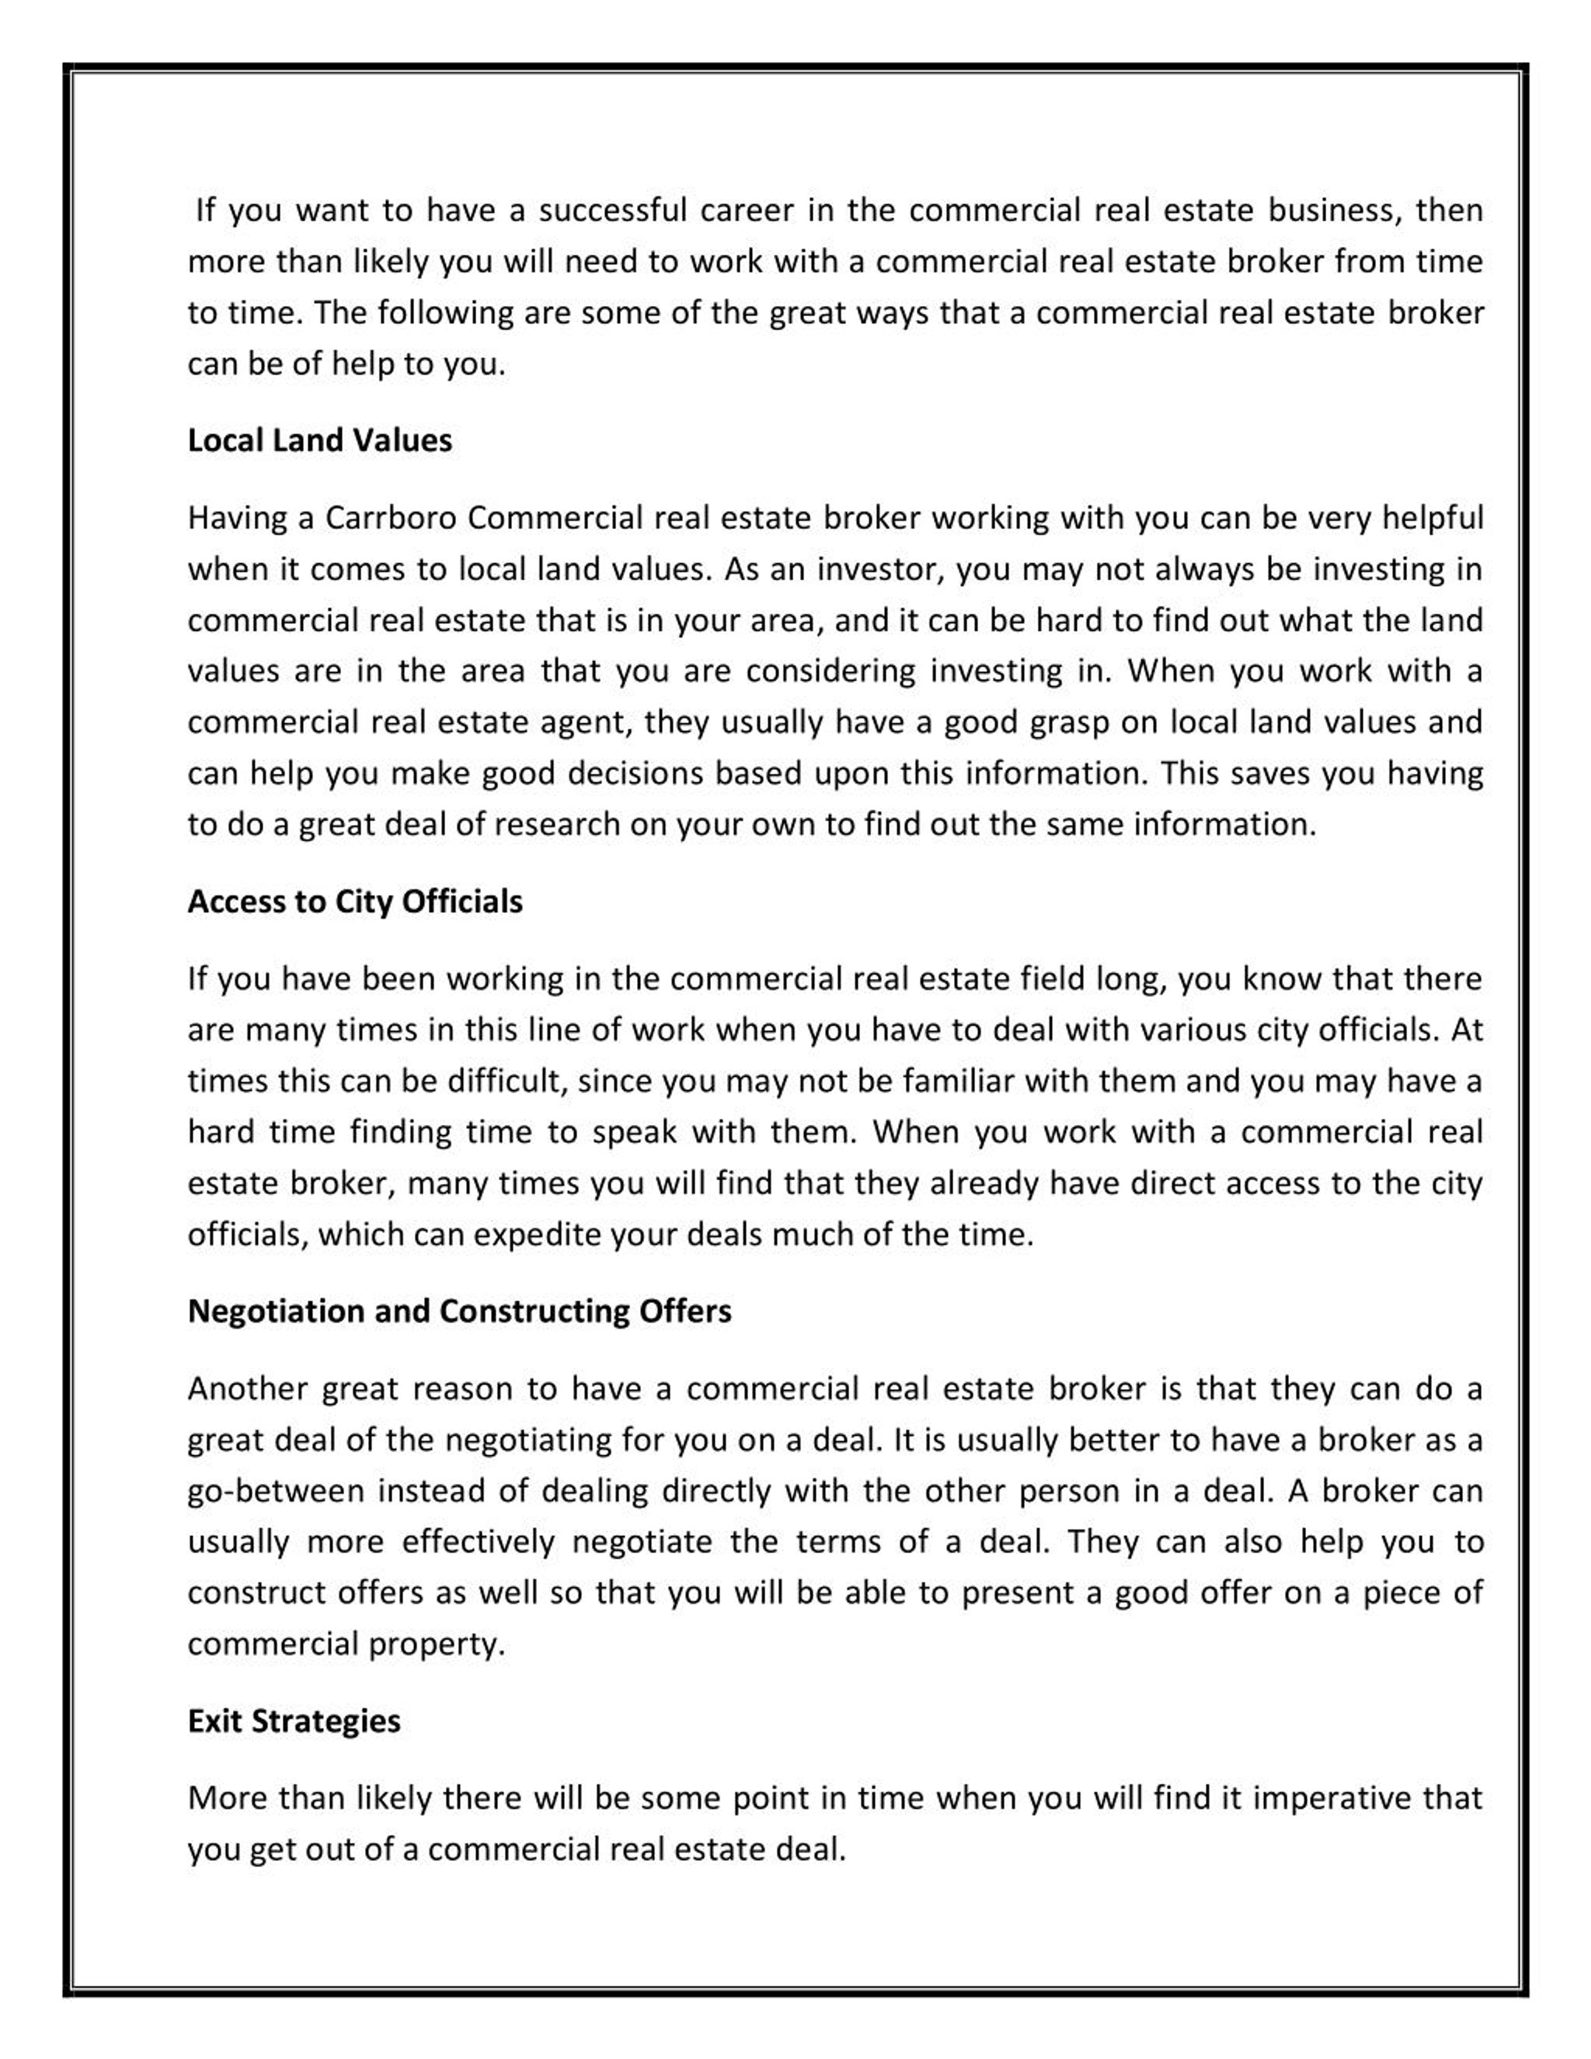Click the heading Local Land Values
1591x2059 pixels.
click(319, 440)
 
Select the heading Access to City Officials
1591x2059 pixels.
click(354, 901)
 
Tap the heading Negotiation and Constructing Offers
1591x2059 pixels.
click(459, 1311)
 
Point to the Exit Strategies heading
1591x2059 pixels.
click(294, 1720)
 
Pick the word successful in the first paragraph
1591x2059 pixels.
click(613, 209)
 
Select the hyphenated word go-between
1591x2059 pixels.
click(275, 1490)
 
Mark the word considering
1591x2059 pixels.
click(830, 671)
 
